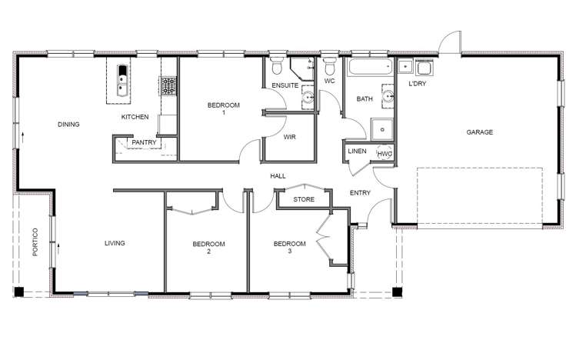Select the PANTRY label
144,142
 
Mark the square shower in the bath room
379,129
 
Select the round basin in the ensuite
308,97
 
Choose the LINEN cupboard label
358,152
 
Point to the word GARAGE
479,132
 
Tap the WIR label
290,137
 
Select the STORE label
304,199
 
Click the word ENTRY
360,192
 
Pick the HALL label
278,176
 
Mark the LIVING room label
115,243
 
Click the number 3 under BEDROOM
290,252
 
